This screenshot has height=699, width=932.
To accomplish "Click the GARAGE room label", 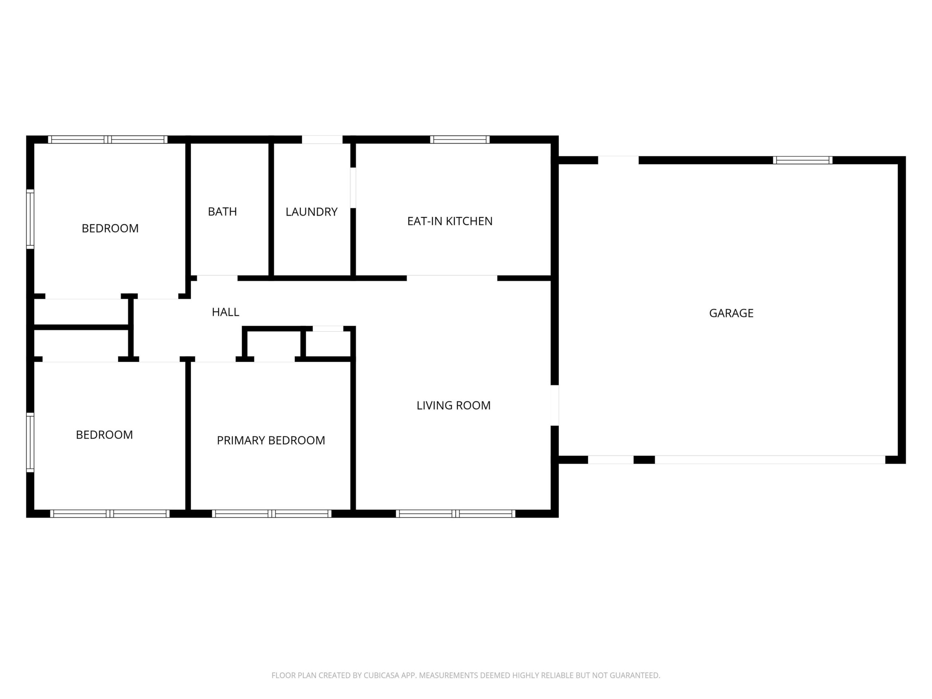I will tap(731, 313).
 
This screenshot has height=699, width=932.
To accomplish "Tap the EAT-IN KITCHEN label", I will tap(450, 221).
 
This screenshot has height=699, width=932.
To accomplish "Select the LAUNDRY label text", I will tap(311, 212).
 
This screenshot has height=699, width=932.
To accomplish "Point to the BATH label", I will tap(222, 212).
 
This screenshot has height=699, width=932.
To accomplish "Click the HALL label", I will tap(225, 312).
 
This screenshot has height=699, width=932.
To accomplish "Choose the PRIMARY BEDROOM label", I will tap(271, 440).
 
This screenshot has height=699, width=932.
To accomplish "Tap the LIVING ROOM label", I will tap(453, 405).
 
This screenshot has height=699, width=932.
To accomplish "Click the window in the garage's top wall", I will tap(802, 160).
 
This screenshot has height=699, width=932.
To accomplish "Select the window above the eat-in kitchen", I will tap(460, 139).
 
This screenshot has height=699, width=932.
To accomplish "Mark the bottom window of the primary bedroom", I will tap(272, 514).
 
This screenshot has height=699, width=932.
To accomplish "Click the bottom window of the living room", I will tap(455, 514).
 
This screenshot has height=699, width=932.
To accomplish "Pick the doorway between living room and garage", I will tap(555, 405).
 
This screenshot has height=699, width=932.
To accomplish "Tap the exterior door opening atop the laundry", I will tap(322, 139).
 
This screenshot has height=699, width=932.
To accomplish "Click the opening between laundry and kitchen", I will tap(353, 188).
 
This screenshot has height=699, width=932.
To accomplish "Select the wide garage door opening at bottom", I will tap(770, 460).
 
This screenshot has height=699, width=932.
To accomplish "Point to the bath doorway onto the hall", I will tap(217, 278).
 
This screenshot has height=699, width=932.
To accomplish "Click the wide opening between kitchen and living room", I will tap(452, 278).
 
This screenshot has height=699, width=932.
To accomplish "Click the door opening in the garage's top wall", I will tap(618, 160).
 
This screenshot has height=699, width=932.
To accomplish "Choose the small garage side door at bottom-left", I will tap(611, 460).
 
